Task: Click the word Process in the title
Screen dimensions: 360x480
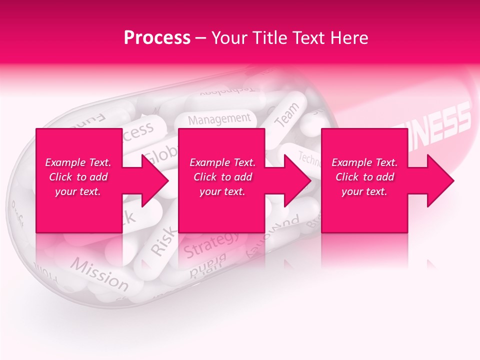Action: (x=157, y=38)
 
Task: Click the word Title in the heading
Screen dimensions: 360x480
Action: (x=270, y=38)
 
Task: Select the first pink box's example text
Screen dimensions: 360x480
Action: (x=78, y=177)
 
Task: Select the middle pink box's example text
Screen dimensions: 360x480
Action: (x=222, y=177)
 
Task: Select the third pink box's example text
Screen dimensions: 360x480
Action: (x=364, y=177)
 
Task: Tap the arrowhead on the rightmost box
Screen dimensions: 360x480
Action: (x=440, y=180)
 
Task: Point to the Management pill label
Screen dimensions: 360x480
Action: (x=219, y=119)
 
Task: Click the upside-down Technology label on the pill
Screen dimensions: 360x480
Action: (x=227, y=91)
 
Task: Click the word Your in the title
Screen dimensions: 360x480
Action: (x=229, y=38)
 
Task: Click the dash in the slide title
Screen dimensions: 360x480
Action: (x=201, y=38)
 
